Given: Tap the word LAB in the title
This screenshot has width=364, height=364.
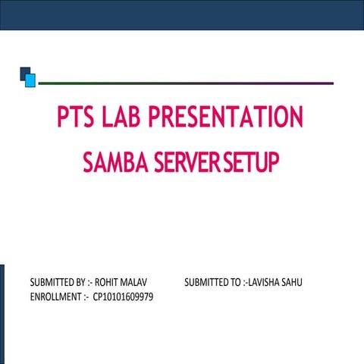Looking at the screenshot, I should click(x=122, y=118).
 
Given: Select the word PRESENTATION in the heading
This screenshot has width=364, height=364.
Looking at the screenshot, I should click(x=226, y=118).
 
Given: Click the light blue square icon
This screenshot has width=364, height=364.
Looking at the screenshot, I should click(x=30, y=79).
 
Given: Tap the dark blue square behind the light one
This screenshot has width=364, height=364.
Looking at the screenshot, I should click(x=24, y=71).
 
